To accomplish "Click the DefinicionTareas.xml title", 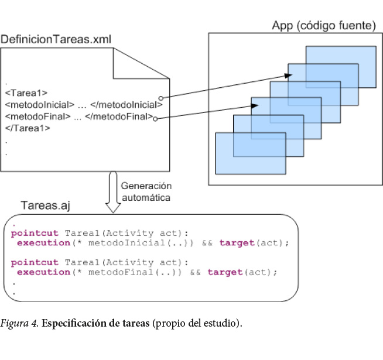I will [56, 40].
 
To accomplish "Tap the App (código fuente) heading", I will [323, 26].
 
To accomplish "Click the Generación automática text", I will [146, 192].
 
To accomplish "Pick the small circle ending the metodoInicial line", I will [161, 98].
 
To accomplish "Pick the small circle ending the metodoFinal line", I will [155, 118].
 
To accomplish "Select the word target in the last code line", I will [225, 272].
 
